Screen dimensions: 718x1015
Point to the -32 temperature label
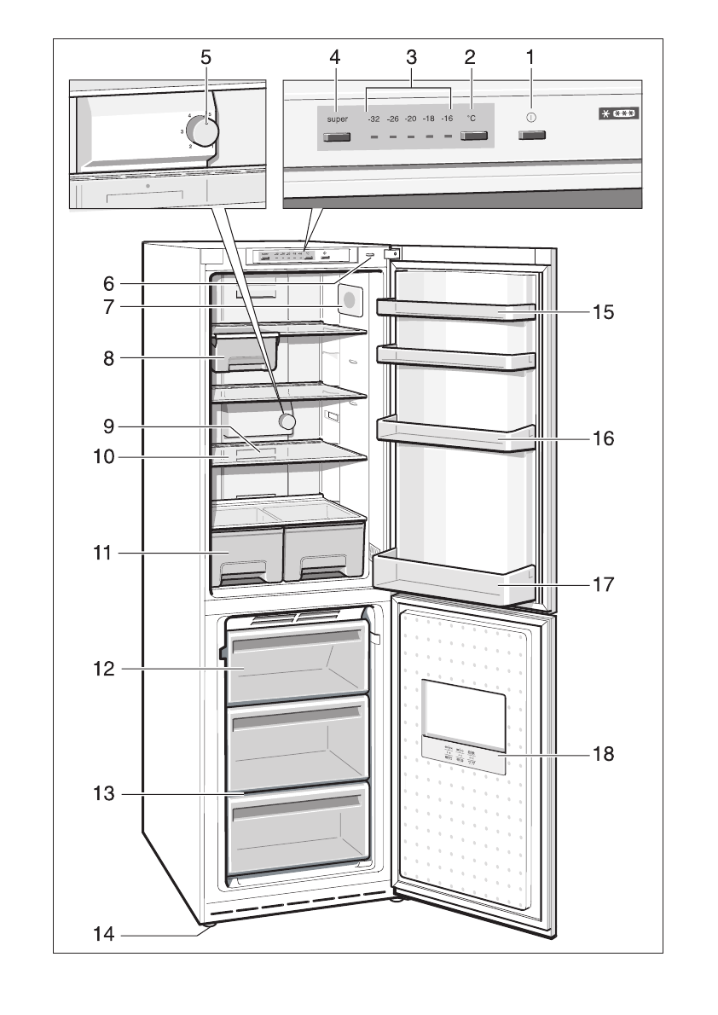[x=373, y=119]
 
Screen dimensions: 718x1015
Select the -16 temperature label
[x=447, y=119]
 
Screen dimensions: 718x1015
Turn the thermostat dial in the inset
[x=203, y=130]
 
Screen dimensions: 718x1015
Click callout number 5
[x=205, y=57]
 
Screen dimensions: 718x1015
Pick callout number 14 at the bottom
[x=102, y=936]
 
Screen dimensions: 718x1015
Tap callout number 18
[x=604, y=755]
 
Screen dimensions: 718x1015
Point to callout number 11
[x=102, y=554]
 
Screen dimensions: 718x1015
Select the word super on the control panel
[x=338, y=119]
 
